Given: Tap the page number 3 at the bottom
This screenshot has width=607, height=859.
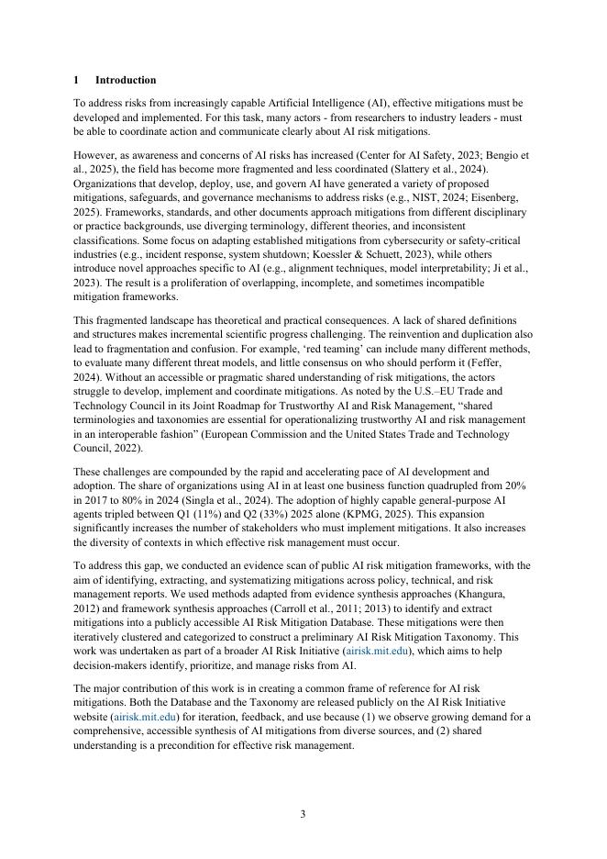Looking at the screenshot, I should click(303, 814).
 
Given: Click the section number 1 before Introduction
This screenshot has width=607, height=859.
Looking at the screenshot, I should click(76, 81).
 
